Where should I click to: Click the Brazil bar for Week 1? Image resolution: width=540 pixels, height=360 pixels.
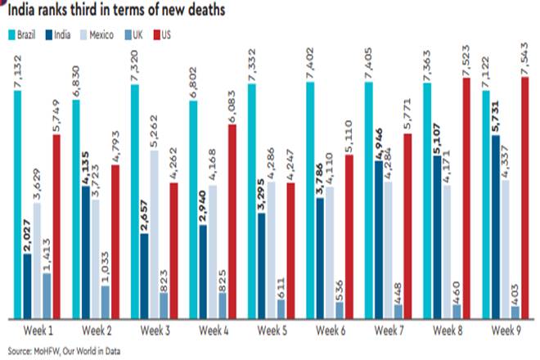click(x=19, y=205)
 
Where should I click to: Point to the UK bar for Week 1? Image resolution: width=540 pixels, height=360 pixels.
click(x=47, y=295)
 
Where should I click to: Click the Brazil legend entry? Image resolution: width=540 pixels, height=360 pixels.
click(x=23, y=34)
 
